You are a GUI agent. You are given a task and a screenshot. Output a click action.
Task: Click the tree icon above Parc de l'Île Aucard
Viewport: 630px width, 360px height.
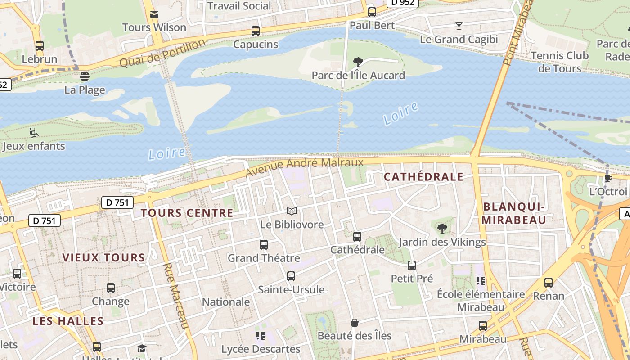[358, 62]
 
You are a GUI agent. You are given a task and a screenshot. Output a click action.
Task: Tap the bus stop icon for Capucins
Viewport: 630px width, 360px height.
[256, 31]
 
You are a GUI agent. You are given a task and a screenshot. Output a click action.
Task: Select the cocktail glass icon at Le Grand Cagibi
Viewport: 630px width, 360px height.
[459, 26]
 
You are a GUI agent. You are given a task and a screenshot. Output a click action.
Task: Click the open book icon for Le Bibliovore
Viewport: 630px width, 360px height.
[292, 211]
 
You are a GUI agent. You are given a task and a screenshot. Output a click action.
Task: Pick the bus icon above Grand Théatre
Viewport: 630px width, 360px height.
[264, 245]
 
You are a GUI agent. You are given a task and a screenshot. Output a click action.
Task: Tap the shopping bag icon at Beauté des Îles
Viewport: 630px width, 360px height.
[355, 323]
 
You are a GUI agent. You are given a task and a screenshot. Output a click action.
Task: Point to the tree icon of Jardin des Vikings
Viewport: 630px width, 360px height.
[442, 229]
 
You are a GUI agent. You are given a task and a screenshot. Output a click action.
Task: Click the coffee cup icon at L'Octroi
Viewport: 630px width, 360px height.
[608, 178]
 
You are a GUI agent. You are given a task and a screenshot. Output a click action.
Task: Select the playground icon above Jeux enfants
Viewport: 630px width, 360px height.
[34, 133]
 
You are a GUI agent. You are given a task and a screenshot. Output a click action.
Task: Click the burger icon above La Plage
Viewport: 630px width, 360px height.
[84, 76]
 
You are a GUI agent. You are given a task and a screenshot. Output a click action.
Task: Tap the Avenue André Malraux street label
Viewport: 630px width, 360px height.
[305, 167]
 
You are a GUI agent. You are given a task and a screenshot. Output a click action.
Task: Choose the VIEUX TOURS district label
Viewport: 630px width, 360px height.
[103, 258]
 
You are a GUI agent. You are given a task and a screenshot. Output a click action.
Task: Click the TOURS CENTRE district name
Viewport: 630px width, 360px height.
[187, 213]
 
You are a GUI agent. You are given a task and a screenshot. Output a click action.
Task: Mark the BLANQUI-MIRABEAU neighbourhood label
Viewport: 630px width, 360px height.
[514, 213]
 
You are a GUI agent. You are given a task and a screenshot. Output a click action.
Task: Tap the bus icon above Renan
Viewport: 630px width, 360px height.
[548, 283]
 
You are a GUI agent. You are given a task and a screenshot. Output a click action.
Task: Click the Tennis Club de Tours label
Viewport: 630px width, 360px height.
[559, 62]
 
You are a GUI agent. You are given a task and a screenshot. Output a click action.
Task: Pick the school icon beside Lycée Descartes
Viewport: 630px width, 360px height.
[260, 336]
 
